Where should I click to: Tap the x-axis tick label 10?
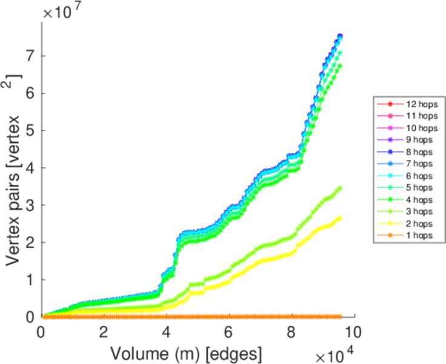coord(353,332)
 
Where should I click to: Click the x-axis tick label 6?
coord(228,332)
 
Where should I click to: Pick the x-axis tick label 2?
coord(104,332)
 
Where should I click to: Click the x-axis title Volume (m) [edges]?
coord(186,353)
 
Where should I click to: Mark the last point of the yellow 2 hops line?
coord(340,218)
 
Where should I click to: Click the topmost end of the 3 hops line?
coord(340,188)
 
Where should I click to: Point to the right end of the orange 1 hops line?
coord(341,317)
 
